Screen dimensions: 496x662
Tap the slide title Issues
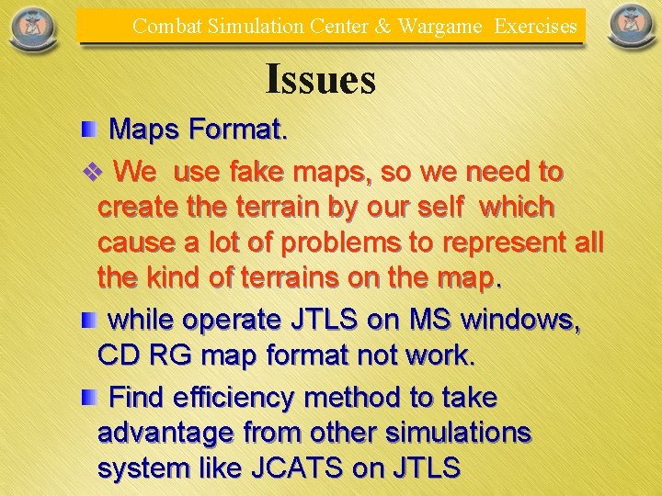(320, 80)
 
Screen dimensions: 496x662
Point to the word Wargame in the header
(439, 26)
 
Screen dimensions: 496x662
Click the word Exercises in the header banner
(536, 26)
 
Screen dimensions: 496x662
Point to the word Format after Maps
(238, 130)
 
